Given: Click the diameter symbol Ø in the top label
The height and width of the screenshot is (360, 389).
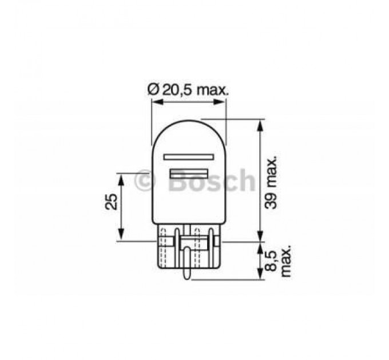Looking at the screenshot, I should [152, 90].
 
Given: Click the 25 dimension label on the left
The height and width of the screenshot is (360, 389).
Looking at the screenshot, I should [112, 201].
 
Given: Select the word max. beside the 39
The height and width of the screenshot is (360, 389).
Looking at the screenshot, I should [274, 171].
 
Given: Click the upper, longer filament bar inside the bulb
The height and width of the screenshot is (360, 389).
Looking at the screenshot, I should [188, 157].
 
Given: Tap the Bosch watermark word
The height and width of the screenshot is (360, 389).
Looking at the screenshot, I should [211, 181].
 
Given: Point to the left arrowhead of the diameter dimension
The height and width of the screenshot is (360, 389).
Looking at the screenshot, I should [154, 103].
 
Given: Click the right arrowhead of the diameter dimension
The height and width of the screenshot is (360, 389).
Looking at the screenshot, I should [224, 103].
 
